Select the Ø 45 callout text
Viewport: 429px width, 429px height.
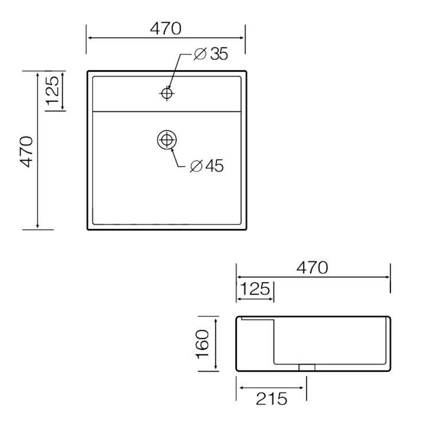tap(207, 166)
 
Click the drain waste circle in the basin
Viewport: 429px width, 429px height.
tap(166, 140)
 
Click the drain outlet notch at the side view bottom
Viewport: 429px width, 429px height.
tap(307, 367)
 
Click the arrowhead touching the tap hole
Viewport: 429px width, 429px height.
tap(169, 88)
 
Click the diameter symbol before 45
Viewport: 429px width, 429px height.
tap(195, 166)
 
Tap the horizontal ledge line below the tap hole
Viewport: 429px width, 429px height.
tap(166, 112)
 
